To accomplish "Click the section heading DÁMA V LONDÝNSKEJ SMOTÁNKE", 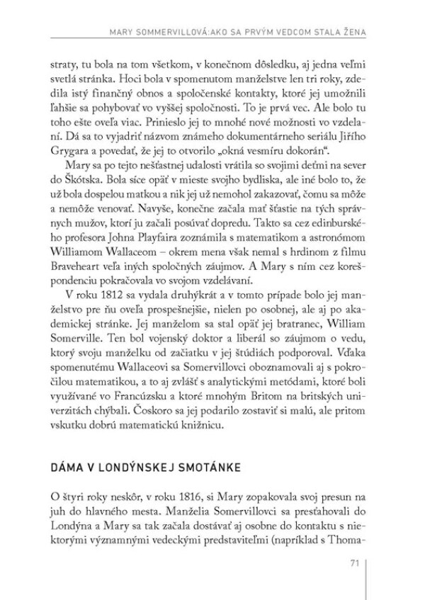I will [x=142, y=469].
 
